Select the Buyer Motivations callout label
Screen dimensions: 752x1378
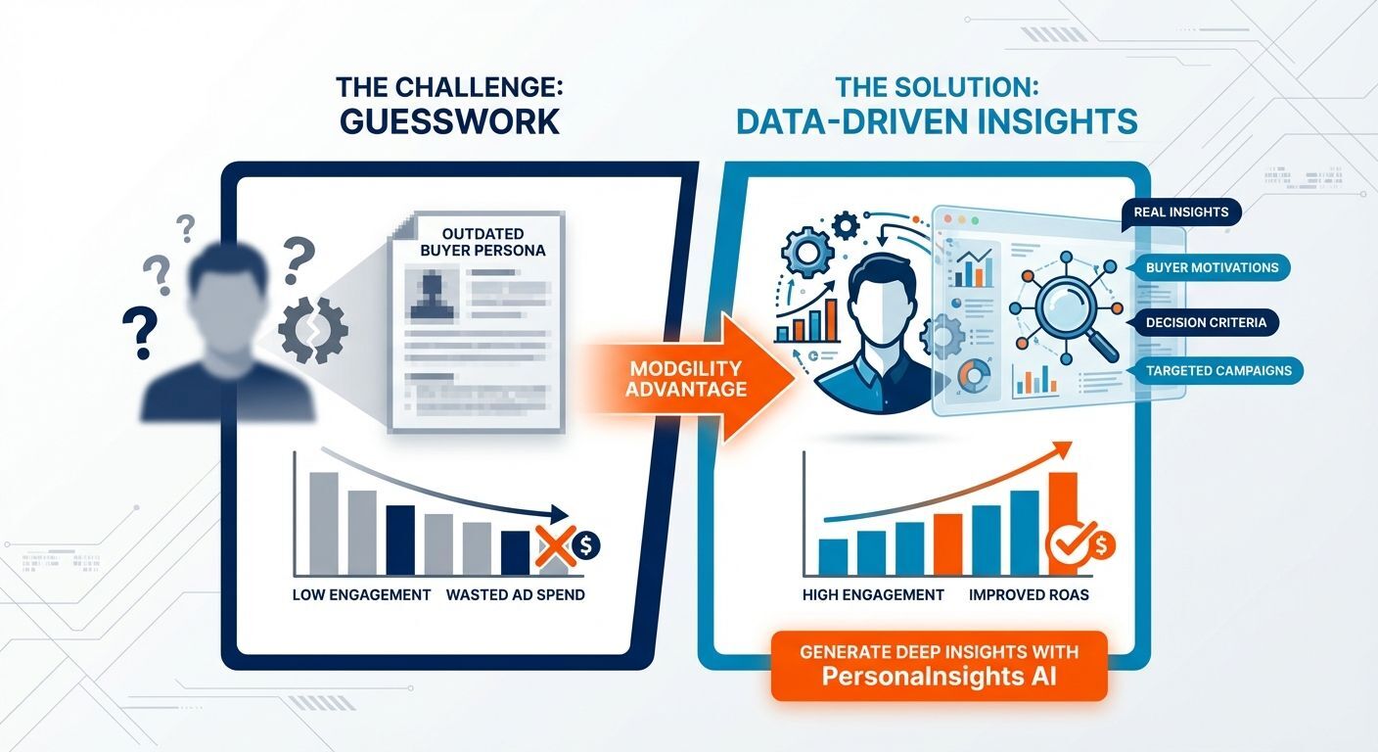coord(1211,266)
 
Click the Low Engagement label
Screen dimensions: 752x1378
coord(361,594)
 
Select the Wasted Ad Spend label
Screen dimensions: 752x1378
coord(515,594)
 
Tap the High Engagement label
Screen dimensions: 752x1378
coord(873,594)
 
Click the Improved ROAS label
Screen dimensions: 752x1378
coord(1029,594)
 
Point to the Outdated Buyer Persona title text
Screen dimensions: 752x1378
coord(482,242)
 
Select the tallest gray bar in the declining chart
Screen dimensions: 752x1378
coord(324,523)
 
